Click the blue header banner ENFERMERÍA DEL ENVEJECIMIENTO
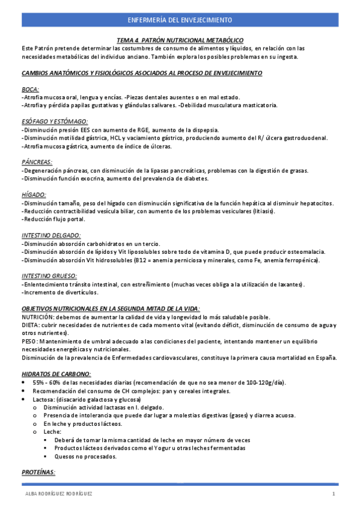click(x=180, y=20)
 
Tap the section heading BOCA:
click(x=30, y=89)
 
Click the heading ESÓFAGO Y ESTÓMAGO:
click(x=54, y=121)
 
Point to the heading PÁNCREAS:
click(x=37, y=162)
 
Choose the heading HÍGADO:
click(x=34, y=195)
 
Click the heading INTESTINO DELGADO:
click(x=51, y=236)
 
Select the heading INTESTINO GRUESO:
click(x=49, y=277)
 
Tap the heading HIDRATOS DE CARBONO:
click(x=56, y=373)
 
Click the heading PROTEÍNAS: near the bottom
click(x=38, y=473)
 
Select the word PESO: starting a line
click(x=30, y=341)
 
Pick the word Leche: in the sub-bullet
click(x=52, y=431)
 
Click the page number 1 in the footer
click(x=332, y=494)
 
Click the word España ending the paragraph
click(x=325, y=357)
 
